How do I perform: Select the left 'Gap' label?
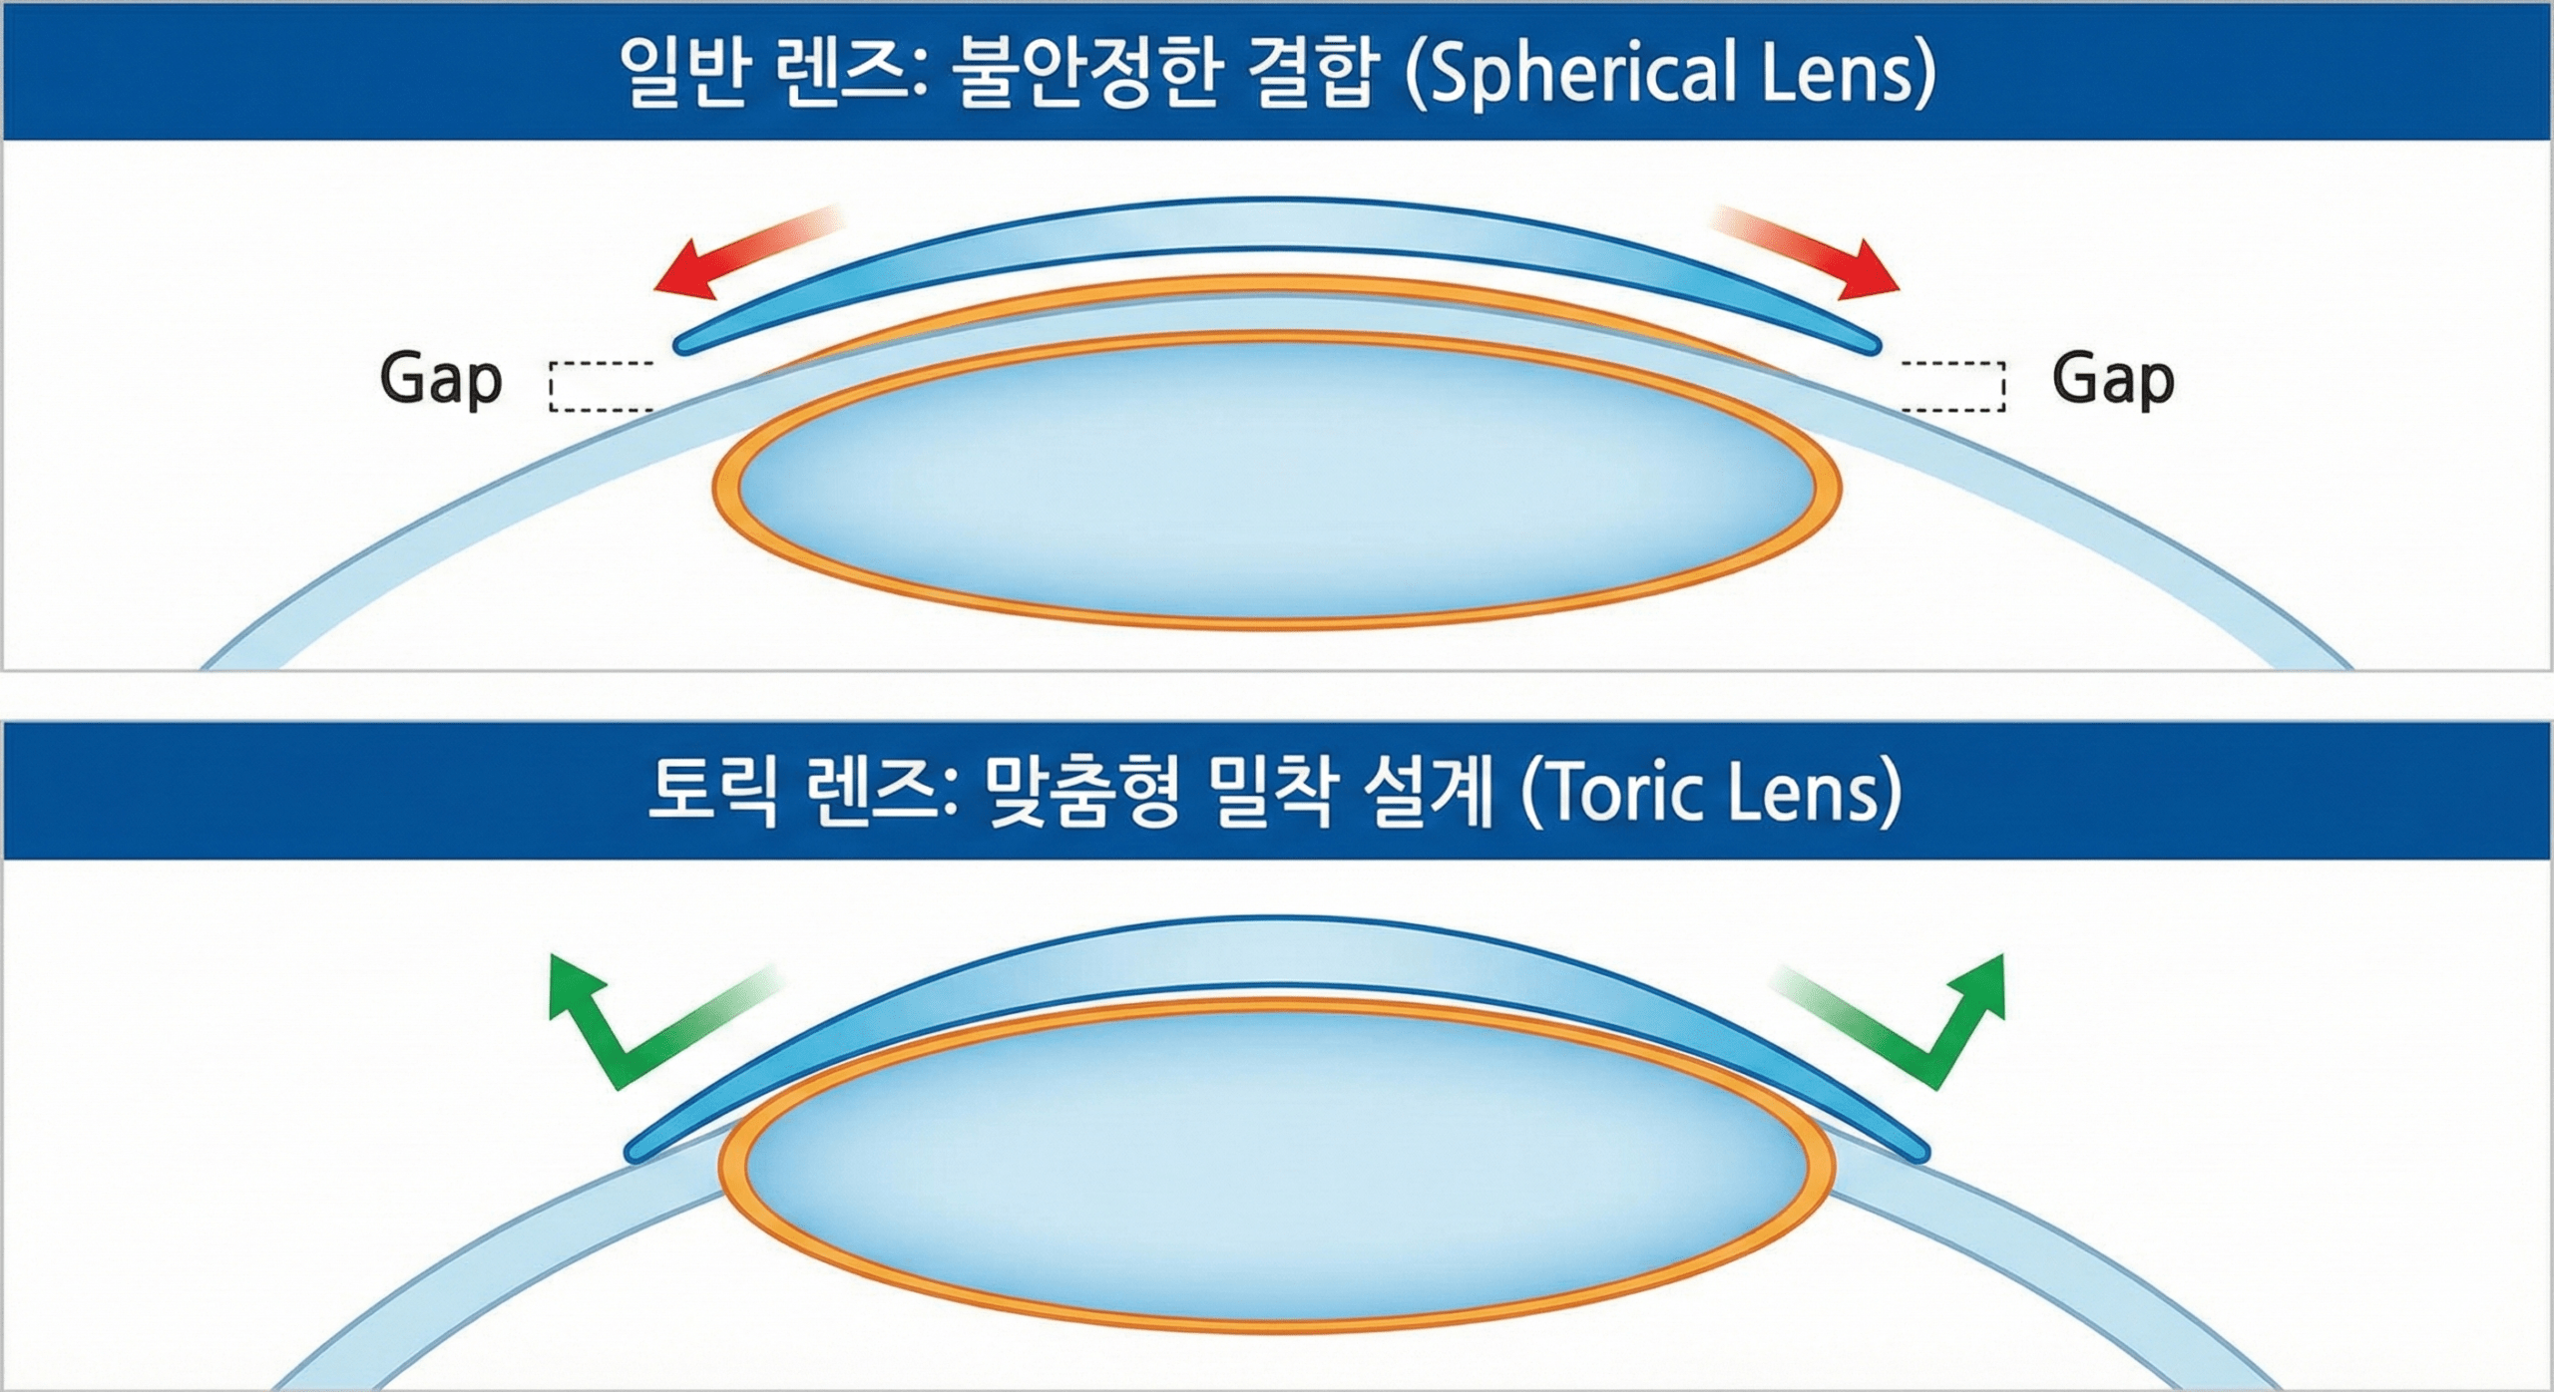pyautogui.click(x=440, y=381)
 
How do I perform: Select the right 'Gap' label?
pyautogui.click(x=2113, y=381)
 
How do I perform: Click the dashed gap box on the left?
pyautogui.click(x=602, y=387)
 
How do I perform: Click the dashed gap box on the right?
pyautogui.click(x=1952, y=387)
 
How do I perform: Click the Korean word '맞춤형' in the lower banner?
pyautogui.click(x=1083, y=794)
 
